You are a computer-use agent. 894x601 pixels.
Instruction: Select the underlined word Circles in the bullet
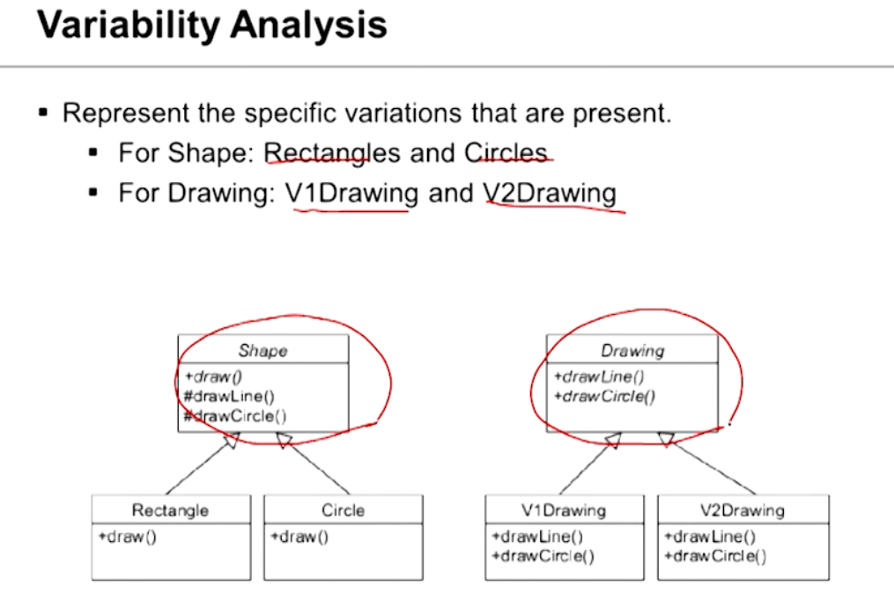pos(506,154)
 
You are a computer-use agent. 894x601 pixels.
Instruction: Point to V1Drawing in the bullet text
pos(352,193)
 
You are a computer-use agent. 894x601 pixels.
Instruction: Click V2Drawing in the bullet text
pos(550,193)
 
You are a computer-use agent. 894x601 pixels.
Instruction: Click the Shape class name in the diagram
pos(262,350)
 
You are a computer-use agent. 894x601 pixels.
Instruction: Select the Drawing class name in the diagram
pos(632,350)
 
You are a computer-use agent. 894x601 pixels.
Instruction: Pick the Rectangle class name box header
pos(170,509)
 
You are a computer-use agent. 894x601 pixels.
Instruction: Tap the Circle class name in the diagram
pos(343,509)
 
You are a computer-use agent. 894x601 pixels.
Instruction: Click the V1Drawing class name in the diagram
pos(564,509)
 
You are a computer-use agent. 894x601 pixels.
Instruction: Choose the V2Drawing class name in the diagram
pos(742,509)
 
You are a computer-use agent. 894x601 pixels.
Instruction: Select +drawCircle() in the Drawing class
pos(605,397)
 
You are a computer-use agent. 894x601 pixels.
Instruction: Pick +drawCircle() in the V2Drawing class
pos(715,555)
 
